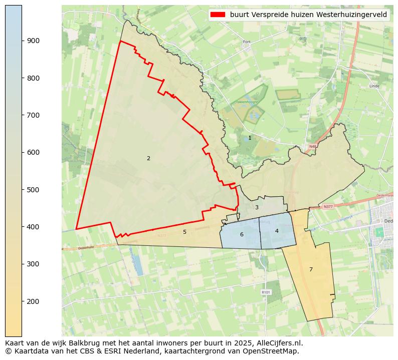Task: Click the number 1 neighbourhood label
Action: click(250, 138)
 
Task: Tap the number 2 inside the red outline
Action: click(148, 158)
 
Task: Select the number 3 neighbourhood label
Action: click(257, 207)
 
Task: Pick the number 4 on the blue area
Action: click(277, 231)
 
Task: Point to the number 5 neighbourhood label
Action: click(184, 232)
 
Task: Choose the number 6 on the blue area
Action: click(242, 234)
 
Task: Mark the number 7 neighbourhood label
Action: click(311, 269)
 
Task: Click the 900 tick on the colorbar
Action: click(34, 41)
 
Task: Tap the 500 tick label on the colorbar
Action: click(34, 190)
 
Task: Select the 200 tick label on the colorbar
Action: click(34, 301)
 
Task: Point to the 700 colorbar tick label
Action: click(34, 115)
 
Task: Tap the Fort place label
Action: click(247, 42)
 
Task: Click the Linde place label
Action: click(374, 86)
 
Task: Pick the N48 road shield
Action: click(313, 147)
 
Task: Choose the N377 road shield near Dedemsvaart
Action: click(328, 206)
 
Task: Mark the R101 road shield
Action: click(266, 292)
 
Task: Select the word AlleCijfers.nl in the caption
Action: click(278, 343)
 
